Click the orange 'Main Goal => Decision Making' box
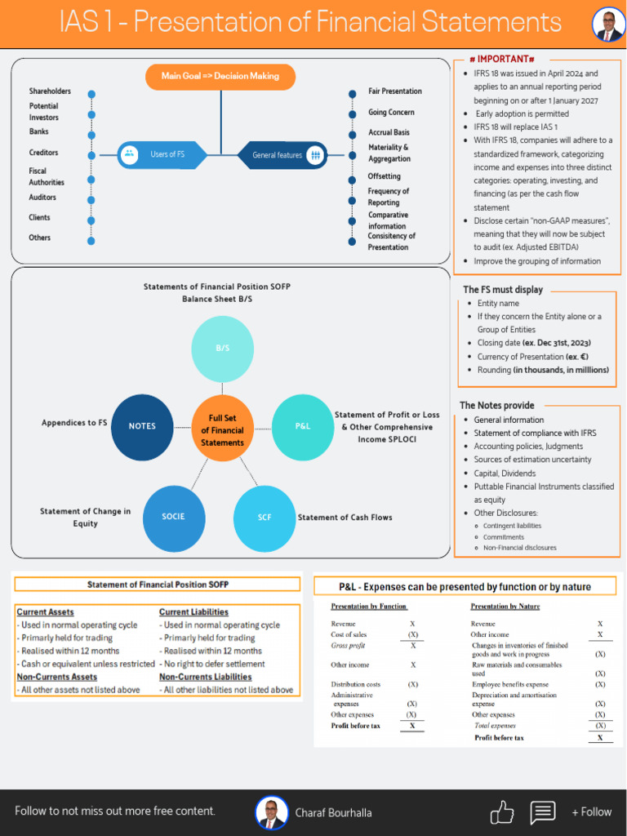[x=220, y=76]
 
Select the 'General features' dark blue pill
[x=282, y=155]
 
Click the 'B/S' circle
[x=222, y=349]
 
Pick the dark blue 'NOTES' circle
[x=142, y=426]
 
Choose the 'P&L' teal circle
[x=302, y=426]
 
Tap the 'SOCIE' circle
[x=173, y=517]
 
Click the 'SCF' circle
[x=265, y=518]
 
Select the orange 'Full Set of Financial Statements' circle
[x=222, y=430]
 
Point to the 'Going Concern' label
[x=391, y=113]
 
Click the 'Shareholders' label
[x=50, y=91]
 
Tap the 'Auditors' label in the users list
[x=42, y=198]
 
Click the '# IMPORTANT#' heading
[x=502, y=60]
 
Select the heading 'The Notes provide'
[x=497, y=406]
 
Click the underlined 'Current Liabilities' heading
[x=193, y=612]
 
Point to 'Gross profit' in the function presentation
[x=348, y=646]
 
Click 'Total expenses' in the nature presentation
[x=495, y=725]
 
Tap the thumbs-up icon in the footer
[x=501, y=812]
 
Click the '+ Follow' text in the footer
[x=591, y=812]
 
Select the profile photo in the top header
[x=608, y=24]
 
